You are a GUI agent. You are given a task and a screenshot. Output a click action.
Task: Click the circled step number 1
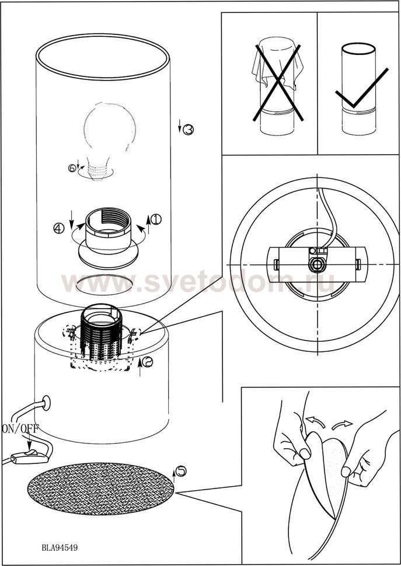[156, 219]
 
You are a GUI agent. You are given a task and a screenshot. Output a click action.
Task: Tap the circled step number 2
[147, 362]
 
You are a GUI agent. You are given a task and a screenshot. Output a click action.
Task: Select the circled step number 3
[188, 130]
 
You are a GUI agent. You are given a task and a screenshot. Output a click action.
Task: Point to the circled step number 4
[59, 228]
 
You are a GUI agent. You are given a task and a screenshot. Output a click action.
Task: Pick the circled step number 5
[181, 471]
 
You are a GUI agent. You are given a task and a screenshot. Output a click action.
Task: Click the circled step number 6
[72, 168]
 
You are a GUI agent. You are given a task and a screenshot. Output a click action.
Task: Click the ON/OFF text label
[20, 428]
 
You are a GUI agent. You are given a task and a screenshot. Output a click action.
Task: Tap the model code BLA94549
[60, 547]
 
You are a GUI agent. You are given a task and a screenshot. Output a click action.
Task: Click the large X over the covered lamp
[278, 83]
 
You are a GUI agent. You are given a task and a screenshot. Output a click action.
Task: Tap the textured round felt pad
[101, 488]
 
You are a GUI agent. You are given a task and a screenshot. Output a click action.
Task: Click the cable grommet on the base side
[46, 403]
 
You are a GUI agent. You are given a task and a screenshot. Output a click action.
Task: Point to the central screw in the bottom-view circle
[316, 264]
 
